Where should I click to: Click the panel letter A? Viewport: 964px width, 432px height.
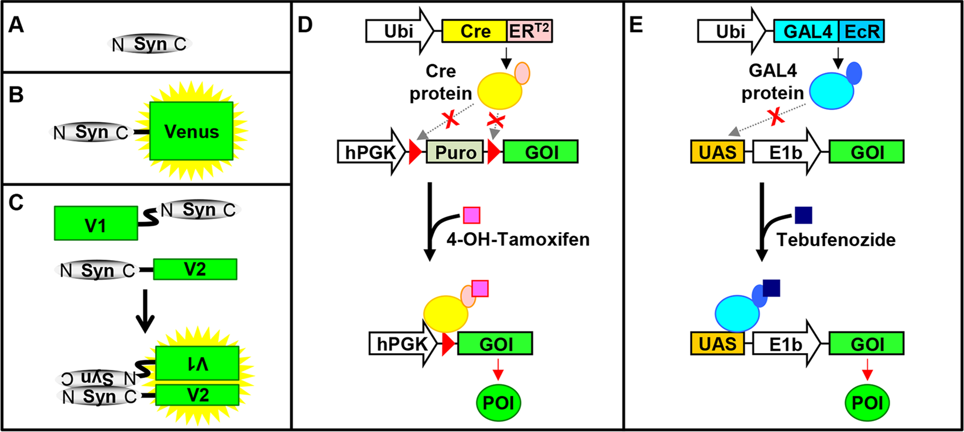[16, 26]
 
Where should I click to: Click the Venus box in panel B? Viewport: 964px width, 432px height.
[191, 131]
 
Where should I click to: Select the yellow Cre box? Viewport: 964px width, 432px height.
[475, 31]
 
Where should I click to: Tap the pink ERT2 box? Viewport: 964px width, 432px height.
[529, 31]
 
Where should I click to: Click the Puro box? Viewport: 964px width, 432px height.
[455, 152]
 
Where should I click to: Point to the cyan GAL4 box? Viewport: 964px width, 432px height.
[807, 31]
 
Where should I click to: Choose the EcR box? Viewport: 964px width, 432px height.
[862, 31]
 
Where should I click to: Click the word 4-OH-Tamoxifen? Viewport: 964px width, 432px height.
[517, 239]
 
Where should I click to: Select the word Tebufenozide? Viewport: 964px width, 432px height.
[836, 239]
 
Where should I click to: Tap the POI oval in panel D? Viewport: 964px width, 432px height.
[498, 402]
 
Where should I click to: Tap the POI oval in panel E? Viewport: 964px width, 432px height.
[867, 402]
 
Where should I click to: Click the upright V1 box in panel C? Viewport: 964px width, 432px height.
[96, 223]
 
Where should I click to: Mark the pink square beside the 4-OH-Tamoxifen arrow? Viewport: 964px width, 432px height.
[472, 215]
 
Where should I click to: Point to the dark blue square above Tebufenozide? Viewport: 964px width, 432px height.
[803, 215]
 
